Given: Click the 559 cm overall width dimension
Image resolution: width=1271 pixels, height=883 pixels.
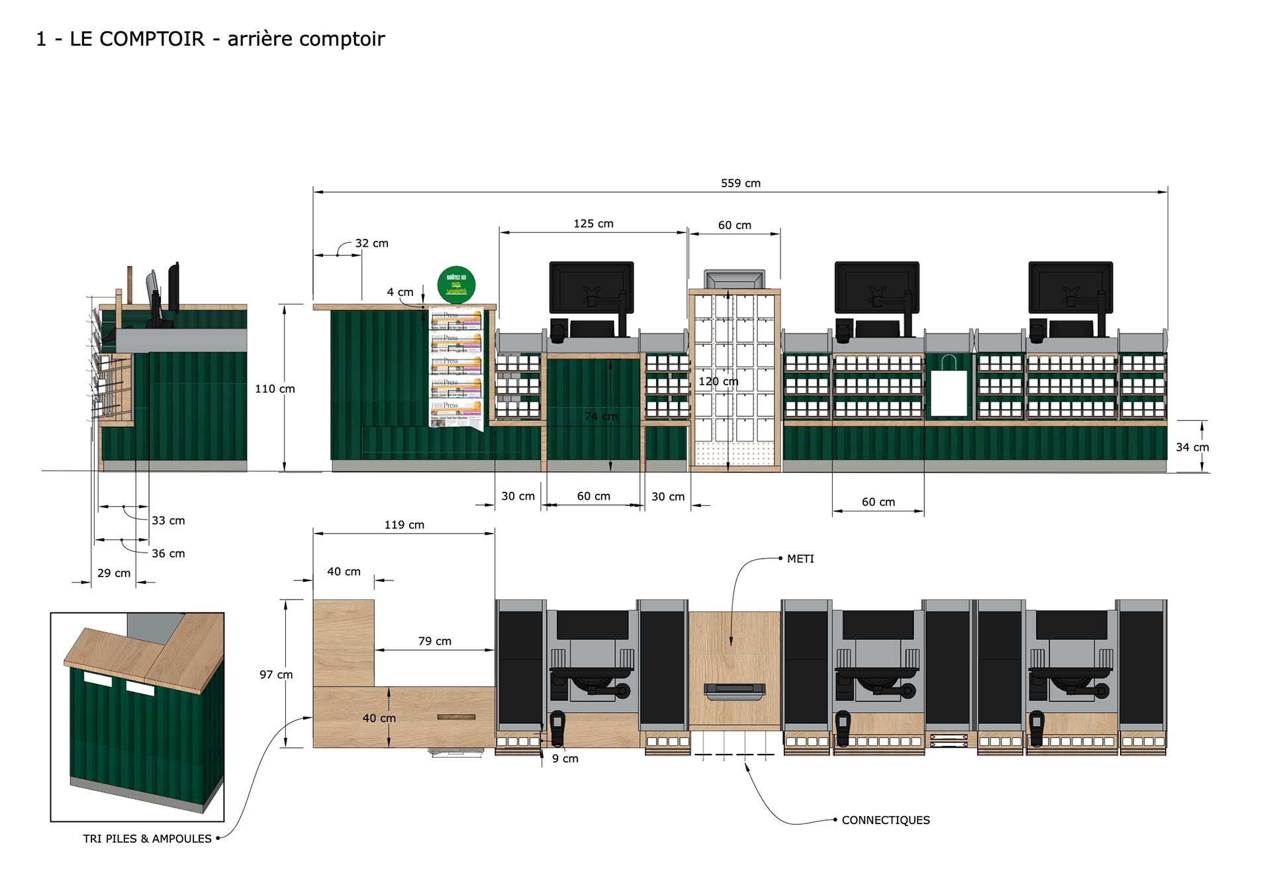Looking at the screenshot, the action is [740, 183].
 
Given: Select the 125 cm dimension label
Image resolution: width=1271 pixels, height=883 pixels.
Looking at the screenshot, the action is [593, 224].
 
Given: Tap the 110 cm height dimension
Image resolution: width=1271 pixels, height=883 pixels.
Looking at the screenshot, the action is [275, 389].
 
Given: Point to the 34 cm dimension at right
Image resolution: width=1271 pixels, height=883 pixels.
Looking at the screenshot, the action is [1192, 447].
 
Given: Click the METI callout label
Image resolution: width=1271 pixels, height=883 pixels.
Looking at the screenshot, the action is [800, 559].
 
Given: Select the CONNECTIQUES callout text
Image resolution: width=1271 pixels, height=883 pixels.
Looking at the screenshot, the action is [885, 820].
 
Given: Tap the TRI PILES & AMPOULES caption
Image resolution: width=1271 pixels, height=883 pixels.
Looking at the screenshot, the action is [147, 839].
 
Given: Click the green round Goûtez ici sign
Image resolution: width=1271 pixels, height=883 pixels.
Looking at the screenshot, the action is [456, 285].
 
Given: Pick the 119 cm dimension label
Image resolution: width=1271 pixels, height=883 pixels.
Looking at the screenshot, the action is [404, 525].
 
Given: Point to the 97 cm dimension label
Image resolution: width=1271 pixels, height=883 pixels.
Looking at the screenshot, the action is [275, 674].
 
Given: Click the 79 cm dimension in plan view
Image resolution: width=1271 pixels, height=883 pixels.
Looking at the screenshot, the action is [434, 641].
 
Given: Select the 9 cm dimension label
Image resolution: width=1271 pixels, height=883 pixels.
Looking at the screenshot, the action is [565, 759].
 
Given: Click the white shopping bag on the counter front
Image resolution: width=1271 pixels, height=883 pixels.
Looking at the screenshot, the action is [949, 391].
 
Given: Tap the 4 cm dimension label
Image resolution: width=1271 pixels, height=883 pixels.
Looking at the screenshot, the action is [400, 292].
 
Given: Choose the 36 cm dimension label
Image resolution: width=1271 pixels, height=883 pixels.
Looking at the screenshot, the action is [168, 553].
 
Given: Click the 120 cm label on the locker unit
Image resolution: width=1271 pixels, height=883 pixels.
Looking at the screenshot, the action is [718, 381].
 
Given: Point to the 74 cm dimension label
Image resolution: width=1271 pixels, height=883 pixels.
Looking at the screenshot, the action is [600, 416].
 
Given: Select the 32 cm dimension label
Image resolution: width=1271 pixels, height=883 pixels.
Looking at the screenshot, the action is [371, 243].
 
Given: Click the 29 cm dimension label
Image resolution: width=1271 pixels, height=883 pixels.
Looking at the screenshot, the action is [114, 573].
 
